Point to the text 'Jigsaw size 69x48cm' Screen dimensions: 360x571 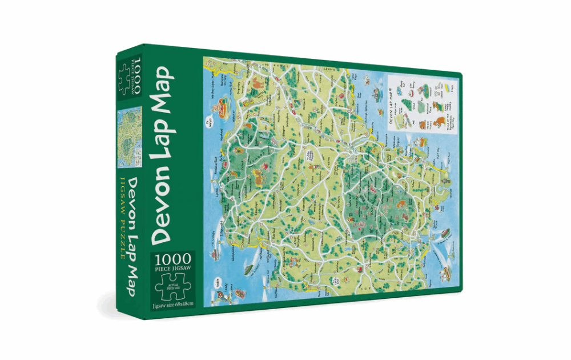[x=173, y=307]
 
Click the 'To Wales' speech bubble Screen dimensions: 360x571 [x=209, y=121]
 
